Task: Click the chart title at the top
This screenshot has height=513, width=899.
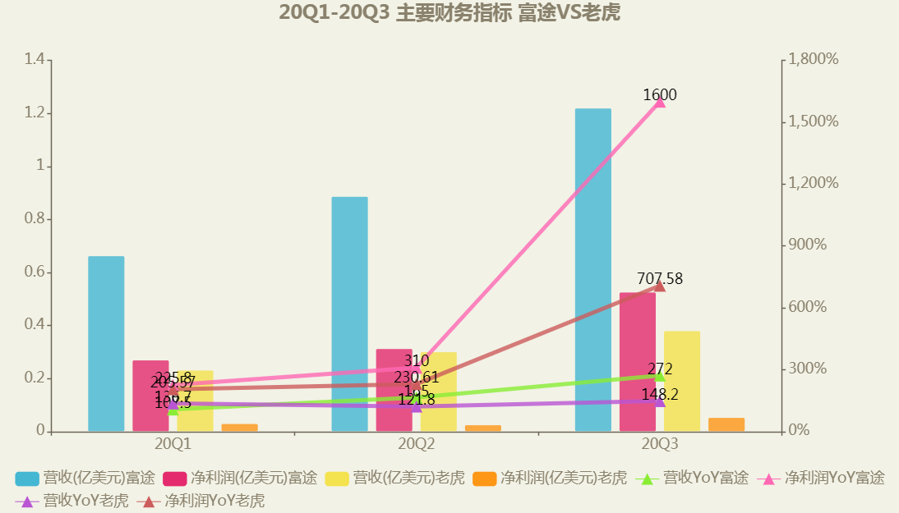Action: tap(449, 13)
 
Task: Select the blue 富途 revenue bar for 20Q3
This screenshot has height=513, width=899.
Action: tap(592, 270)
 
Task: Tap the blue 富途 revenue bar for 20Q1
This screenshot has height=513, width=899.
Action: tap(106, 344)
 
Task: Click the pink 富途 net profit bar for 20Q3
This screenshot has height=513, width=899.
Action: tap(637, 361)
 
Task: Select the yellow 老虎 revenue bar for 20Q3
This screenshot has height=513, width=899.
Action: tap(681, 381)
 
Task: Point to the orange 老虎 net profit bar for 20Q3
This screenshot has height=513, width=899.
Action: tap(726, 424)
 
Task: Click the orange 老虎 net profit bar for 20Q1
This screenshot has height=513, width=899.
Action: tap(239, 428)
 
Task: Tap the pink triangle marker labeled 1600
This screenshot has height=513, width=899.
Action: tap(659, 101)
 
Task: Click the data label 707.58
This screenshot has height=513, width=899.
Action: tap(659, 279)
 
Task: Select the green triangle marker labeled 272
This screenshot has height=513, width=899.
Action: tap(659, 375)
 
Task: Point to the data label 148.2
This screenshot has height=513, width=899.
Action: tap(659, 395)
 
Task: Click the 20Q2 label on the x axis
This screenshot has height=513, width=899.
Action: tap(416, 444)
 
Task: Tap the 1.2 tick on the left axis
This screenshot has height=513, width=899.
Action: tap(34, 113)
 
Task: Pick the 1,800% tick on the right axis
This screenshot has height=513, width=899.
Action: tap(814, 59)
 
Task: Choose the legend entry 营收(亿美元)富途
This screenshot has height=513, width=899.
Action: tap(85, 478)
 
